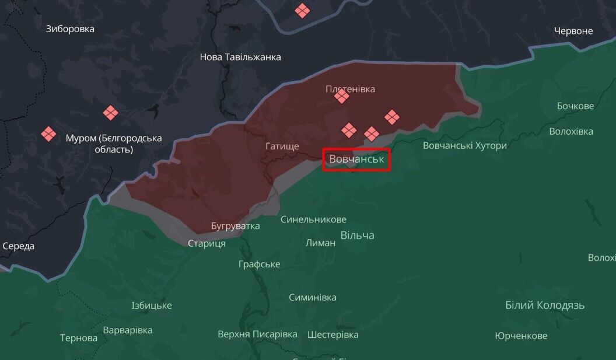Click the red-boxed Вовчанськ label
click(x=356, y=159)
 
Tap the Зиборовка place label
click(x=70, y=29)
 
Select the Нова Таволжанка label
click(x=240, y=57)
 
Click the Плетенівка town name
click(x=350, y=89)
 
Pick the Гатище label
click(x=282, y=146)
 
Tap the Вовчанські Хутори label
click(x=464, y=145)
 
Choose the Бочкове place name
click(x=575, y=106)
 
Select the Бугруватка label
click(x=236, y=226)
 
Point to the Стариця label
click(x=206, y=243)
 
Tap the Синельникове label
click(x=313, y=219)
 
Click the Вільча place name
click(x=357, y=235)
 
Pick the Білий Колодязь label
click(x=545, y=305)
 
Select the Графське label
click(x=259, y=264)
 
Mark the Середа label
click(x=19, y=246)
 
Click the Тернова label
click(x=79, y=338)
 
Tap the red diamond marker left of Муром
click(x=48, y=134)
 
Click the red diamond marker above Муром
click(x=110, y=112)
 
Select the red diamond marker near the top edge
click(x=302, y=11)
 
